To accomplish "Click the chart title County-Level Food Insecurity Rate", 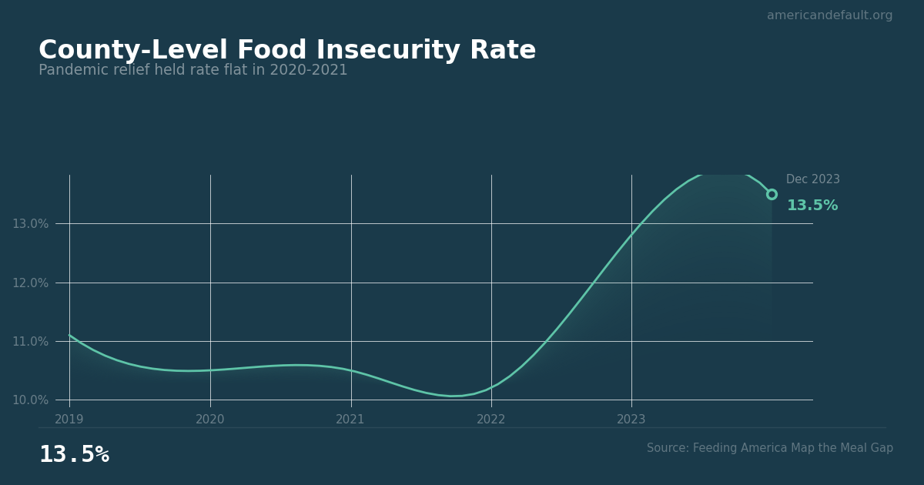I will coord(287,51).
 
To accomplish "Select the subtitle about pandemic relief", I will coord(193,71).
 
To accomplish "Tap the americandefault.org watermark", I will coord(829,15).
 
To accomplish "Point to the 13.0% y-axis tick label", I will coord(30,224).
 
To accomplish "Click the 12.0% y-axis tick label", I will coord(30,283).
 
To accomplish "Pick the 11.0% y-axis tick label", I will coord(30,341).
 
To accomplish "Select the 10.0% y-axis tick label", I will coord(30,400).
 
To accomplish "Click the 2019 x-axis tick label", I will coord(69,420).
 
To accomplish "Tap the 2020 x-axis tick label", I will coord(210,420).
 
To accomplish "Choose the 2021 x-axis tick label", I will coord(350,420).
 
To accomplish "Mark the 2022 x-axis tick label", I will coord(491,420).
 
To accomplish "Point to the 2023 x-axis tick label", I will coord(631,420).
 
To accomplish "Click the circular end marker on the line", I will coord(772,194).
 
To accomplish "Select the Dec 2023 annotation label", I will coord(813,179).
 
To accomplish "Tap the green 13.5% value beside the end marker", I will coord(812,206).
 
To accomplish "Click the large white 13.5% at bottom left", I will coord(74,455).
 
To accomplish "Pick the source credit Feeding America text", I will coord(770,448).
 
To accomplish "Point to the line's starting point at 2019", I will coord(69,335).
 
